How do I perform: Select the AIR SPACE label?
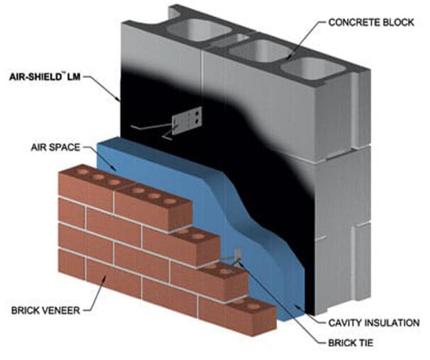pyautogui.click(x=55, y=148)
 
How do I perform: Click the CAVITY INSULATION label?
pyautogui.click(x=373, y=323)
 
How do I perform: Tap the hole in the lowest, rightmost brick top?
pyautogui.click(x=254, y=306)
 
